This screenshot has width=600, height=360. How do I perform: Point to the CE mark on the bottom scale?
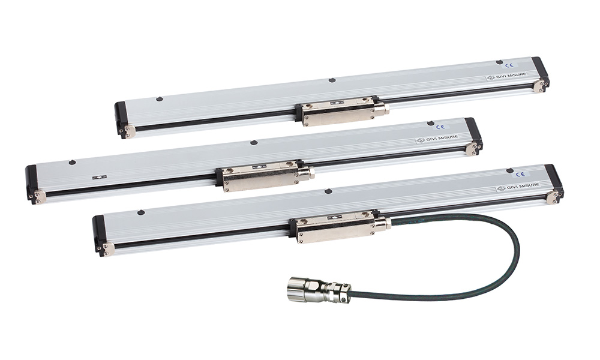(x=520, y=174)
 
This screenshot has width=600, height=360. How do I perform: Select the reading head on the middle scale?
(x=265, y=176)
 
